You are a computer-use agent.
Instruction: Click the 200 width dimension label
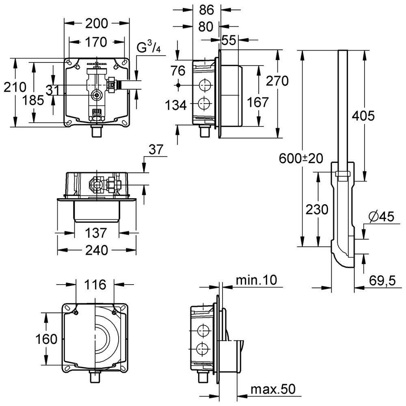tap(97, 24)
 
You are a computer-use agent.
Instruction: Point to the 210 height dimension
tap(15, 87)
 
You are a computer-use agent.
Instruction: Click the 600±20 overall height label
tap(301, 159)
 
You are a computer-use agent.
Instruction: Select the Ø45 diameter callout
tap(382, 217)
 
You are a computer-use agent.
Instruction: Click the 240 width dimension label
tap(97, 250)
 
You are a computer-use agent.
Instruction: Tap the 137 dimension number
tap(97, 233)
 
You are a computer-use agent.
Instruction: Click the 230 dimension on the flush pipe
tap(317, 210)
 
